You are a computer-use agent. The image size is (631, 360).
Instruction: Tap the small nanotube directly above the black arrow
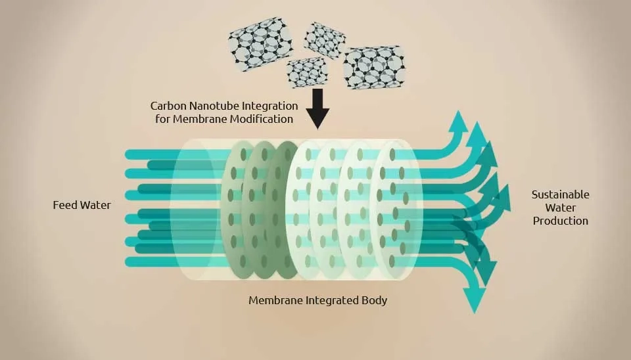[x=308, y=72]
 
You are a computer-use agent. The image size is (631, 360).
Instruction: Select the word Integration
[x=271, y=106]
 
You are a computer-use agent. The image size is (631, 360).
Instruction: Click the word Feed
[x=64, y=205]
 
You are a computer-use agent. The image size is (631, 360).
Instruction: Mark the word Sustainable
[x=560, y=194]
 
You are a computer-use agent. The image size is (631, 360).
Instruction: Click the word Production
[x=560, y=221]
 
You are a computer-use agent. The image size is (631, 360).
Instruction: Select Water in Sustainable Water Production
[x=560, y=208]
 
